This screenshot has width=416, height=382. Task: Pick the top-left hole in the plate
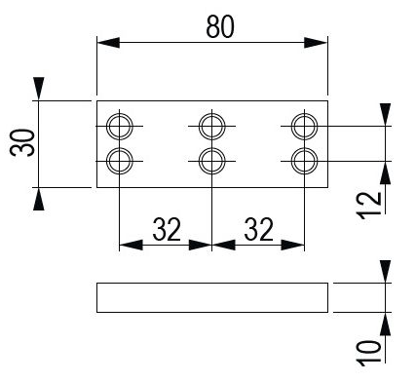(119, 126)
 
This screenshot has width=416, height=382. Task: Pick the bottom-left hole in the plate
(119, 159)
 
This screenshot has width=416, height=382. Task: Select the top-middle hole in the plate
(211, 126)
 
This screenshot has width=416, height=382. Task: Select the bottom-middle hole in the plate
(211, 159)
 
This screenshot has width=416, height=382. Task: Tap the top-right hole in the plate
(304, 126)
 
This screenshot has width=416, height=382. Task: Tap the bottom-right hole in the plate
(304, 159)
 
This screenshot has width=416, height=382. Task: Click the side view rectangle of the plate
(212, 297)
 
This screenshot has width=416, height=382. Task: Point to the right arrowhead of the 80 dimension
(318, 43)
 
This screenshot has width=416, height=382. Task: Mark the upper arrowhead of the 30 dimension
(39, 90)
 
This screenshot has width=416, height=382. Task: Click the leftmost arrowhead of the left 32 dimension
(130, 245)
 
